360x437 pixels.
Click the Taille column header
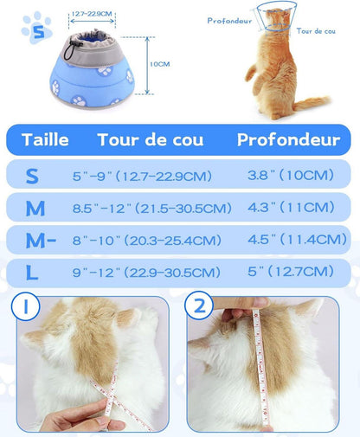click(x=45, y=140)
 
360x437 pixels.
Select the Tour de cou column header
click(x=151, y=140)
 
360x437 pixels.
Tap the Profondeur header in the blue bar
click(x=288, y=140)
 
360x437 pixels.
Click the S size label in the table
click(x=32, y=176)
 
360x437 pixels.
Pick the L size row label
click(x=32, y=273)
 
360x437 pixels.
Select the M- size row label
click(x=41, y=241)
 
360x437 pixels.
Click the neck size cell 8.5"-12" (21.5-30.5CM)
click(x=152, y=208)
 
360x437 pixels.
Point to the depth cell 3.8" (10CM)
click(x=291, y=175)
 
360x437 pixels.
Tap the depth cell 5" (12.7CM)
click(x=291, y=272)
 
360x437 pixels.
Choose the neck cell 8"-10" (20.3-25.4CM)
click(x=147, y=241)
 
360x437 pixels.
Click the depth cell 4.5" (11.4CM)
click(x=297, y=240)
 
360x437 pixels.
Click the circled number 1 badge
click(x=25, y=306)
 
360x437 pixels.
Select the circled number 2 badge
click(x=199, y=305)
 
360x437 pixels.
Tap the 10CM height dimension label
click(x=159, y=64)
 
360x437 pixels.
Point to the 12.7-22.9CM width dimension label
click(x=92, y=14)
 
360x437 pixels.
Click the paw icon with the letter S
click(x=37, y=29)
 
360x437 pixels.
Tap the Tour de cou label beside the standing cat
click(x=316, y=31)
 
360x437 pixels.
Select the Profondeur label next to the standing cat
click(x=229, y=21)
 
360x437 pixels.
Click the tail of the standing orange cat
click(x=312, y=103)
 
